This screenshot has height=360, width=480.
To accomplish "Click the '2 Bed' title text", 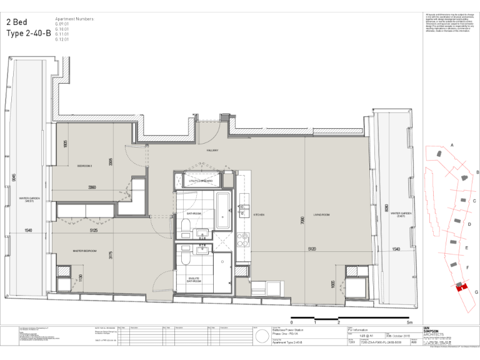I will pyautogui.click(x=19, y=21).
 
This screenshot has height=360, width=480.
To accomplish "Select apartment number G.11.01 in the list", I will pyautogui.click(x=62, y=34).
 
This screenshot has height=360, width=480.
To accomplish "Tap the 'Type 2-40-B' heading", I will pyautogui.click(x=28, y=33).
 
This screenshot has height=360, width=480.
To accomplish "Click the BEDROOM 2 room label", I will pyautogui.click(x=84, y=166).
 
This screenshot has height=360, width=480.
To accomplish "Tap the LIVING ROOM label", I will pyautogui.click(x=321, y=214).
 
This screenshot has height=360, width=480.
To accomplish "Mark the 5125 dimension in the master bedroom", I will pyautogui.click(x=94, y=230).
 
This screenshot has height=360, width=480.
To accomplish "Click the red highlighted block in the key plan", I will pyautogui.click(x=461, y=286).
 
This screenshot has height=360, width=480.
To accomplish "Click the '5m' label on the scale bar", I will pyautogui.click(x=409, y=322).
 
